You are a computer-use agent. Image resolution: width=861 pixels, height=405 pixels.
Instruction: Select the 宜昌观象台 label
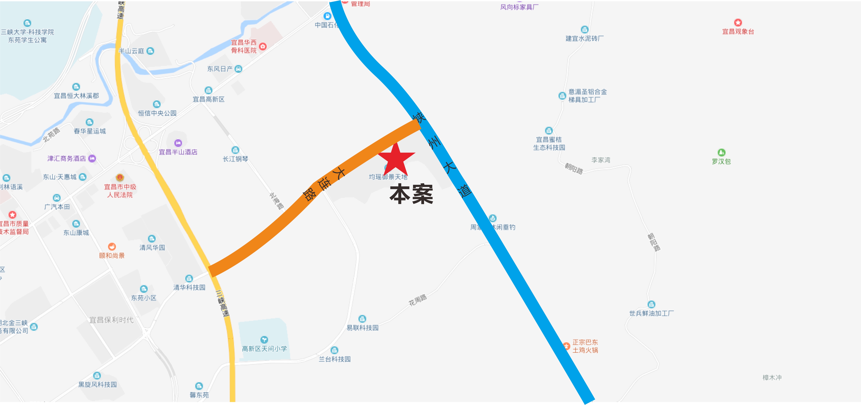[738, 32]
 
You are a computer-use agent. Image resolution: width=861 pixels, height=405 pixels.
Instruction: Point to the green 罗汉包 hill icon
[721, 152]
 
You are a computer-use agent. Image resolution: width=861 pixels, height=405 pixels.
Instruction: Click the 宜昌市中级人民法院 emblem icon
[120, 178]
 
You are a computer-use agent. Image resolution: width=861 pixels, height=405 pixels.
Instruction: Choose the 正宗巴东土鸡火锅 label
[585, 346]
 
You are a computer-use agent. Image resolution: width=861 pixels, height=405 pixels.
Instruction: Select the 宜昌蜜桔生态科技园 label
[549, 144]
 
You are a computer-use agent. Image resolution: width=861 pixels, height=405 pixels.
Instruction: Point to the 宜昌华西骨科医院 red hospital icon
[263, 46]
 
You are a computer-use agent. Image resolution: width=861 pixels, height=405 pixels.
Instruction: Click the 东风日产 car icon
[238, 69]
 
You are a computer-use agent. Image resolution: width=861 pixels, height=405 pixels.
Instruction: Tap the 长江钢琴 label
[235, 159]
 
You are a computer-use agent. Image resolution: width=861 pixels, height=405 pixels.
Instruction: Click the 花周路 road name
[418, 300]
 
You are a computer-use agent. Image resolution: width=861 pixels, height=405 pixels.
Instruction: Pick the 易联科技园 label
[362, 328]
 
